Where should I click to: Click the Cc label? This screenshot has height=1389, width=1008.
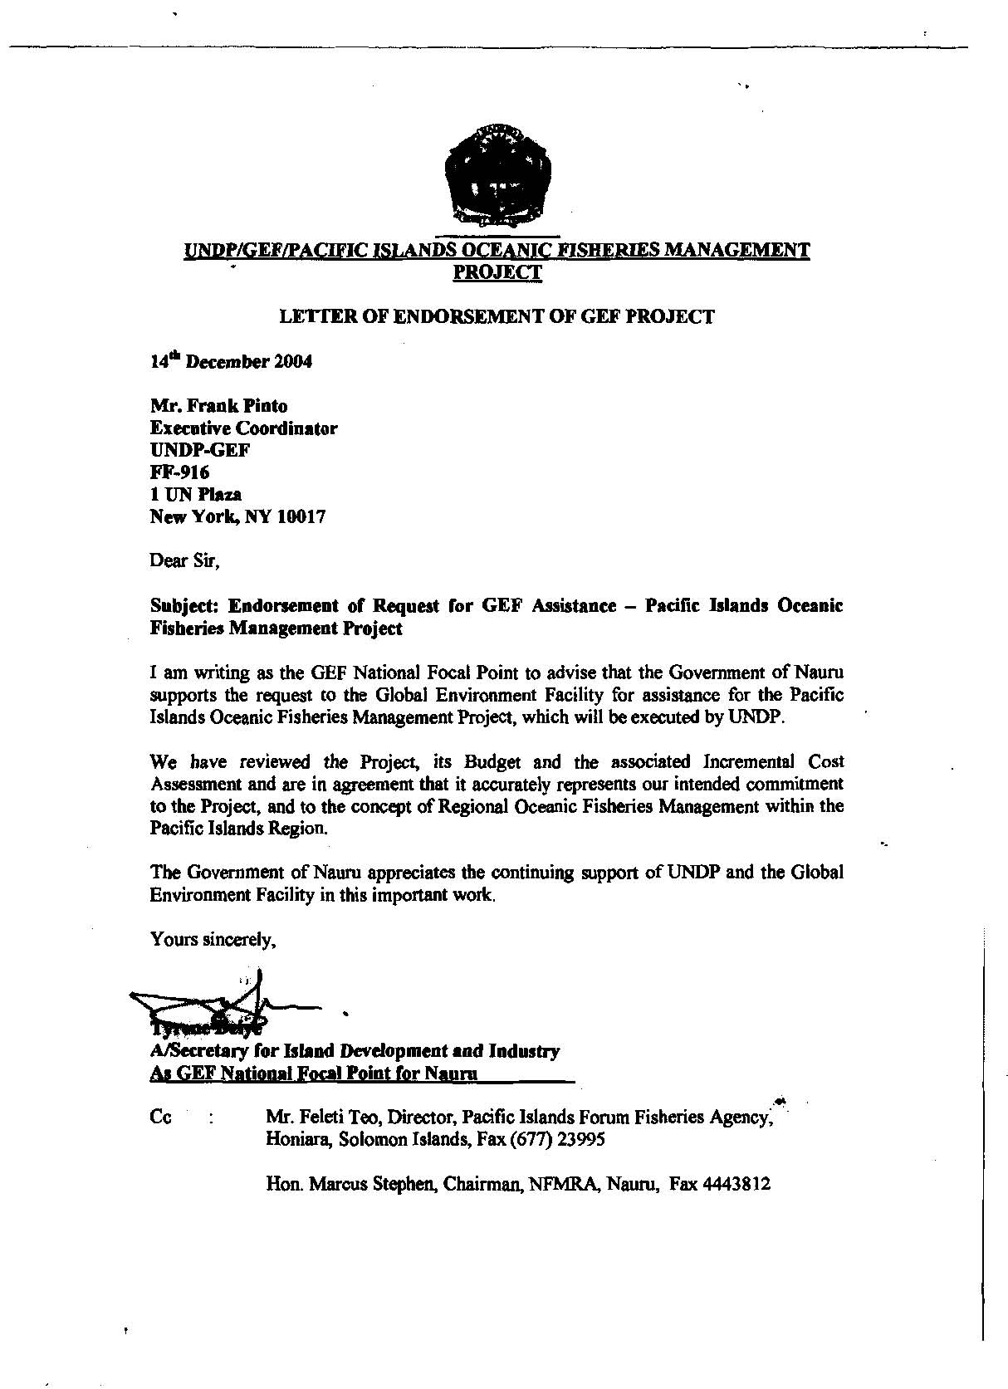click(161, 1117)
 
